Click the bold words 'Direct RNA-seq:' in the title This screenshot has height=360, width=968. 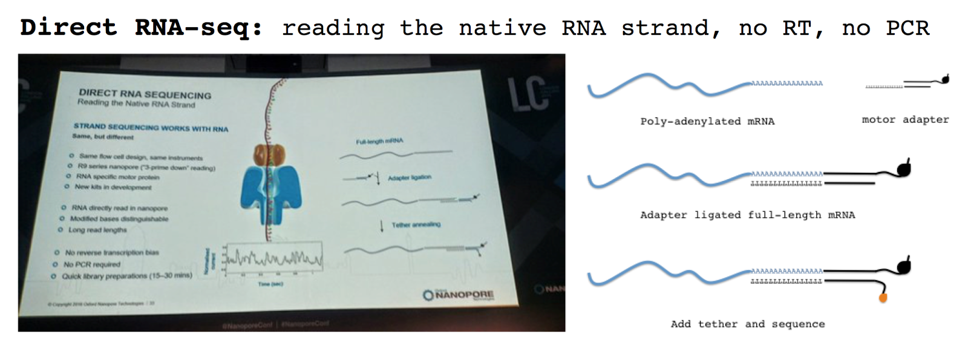tap(141, 28)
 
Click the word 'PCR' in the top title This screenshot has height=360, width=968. tap(907, 28)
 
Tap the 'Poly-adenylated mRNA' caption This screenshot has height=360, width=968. tap(707, 121)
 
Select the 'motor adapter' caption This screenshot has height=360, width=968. tap(905, 120)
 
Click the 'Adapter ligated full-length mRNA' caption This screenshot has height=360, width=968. tap(747, 215)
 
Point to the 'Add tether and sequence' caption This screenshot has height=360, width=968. tap(747, 324)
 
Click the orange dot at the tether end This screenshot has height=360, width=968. tap(883, 298)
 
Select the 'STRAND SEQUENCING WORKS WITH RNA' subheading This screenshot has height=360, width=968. tap(151, 127)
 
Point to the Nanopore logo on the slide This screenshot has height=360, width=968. tap(459, 295)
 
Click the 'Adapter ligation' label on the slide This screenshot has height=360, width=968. tap(409, 177)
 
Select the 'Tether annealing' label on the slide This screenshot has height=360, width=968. tap(416, 224)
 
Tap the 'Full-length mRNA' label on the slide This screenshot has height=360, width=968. tap(379, 142)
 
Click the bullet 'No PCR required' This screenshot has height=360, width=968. tap(92, 264)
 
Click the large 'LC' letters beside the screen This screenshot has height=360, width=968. tap(527, 94)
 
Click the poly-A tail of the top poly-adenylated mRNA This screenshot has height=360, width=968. tap(786, 83)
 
